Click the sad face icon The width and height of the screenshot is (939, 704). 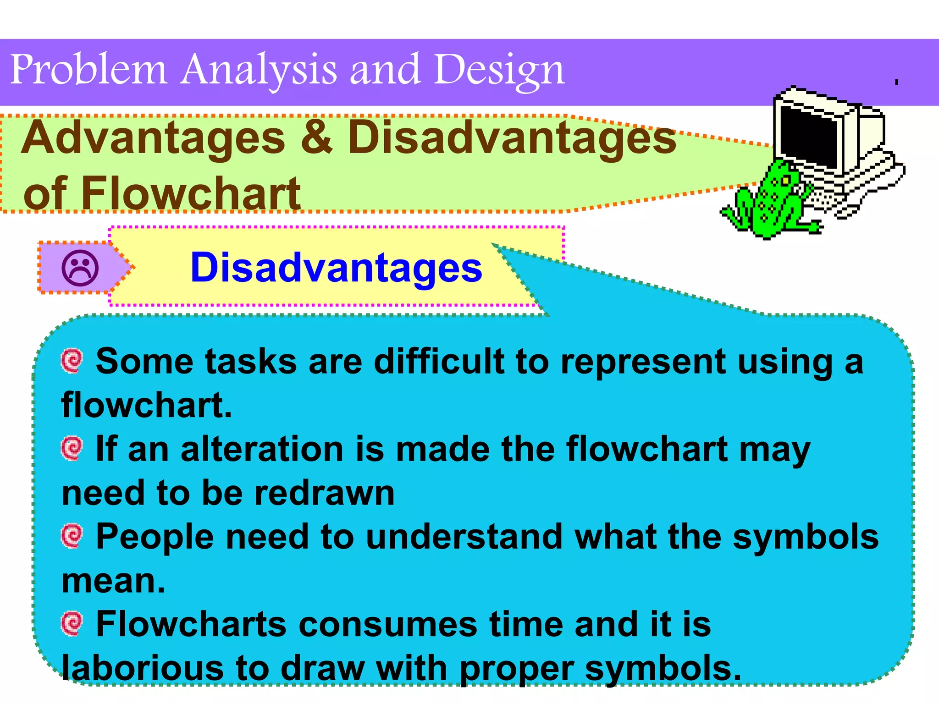point(80,268)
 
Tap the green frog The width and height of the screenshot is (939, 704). point(770,202)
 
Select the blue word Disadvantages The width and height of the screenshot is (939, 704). point(336,268)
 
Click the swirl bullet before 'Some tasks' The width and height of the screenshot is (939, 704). point(72,361)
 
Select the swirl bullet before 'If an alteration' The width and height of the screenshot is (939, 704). point(72,448)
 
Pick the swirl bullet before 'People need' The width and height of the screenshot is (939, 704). point(72,536)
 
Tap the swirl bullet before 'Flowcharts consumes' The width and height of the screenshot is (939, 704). point(72,623)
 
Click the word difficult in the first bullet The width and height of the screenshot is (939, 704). point(439,362)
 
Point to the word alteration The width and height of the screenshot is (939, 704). point(262,449)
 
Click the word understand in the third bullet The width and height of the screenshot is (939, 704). point(464,536)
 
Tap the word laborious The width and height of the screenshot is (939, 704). point(143,668)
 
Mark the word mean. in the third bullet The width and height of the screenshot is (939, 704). point(113,581)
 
